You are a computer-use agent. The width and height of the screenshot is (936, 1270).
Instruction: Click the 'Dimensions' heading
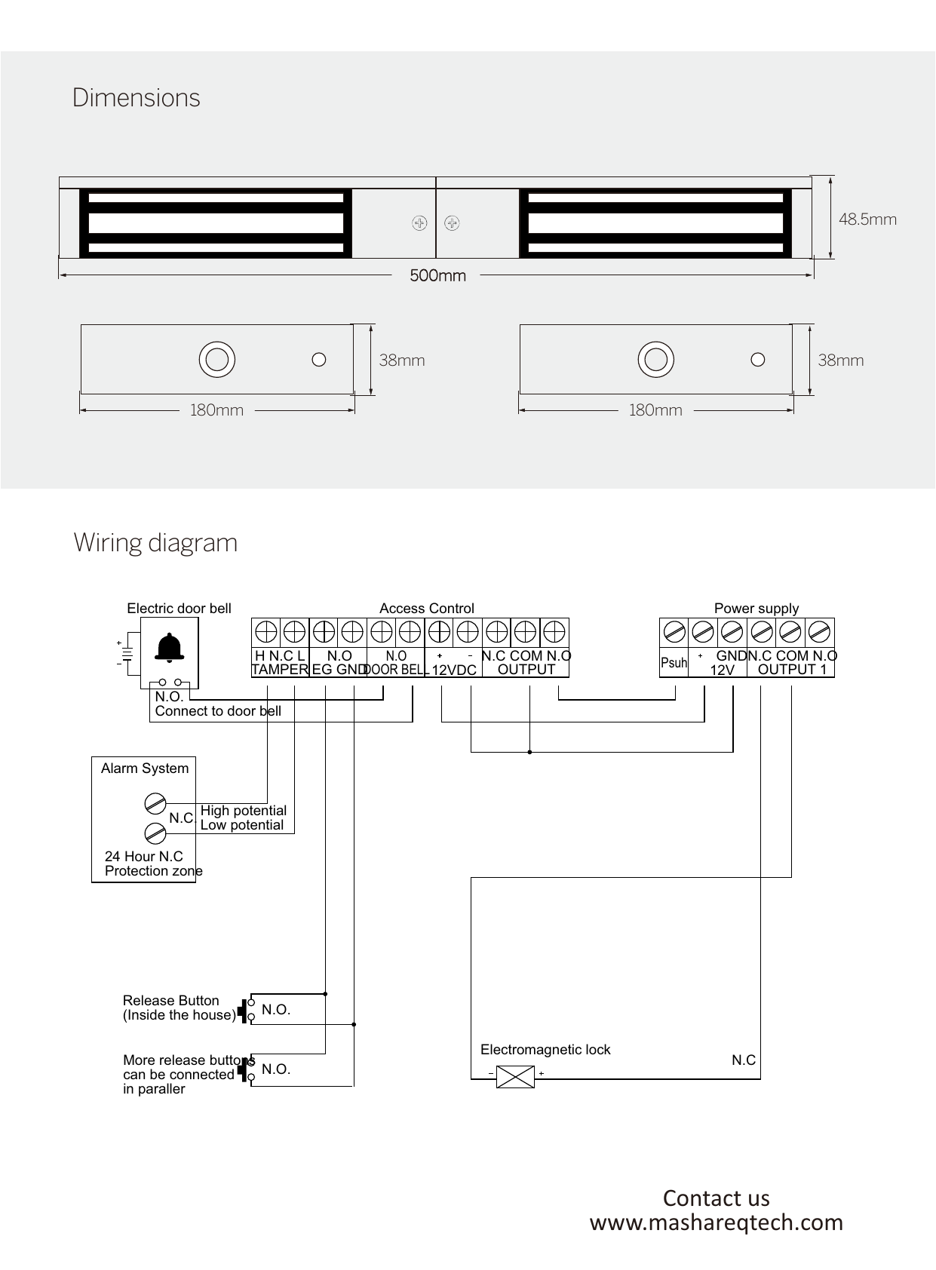(137, 98)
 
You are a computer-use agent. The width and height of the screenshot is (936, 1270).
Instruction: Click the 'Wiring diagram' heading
(155, 543)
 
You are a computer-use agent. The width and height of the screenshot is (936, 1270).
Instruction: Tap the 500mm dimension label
(437, 276)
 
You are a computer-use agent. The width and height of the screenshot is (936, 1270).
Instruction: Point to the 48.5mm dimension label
(867, 219)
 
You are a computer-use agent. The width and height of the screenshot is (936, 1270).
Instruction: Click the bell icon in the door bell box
(170, 649)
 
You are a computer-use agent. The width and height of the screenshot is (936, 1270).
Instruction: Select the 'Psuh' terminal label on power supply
(674, 663)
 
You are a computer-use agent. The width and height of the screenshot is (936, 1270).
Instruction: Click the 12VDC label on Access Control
(453, 670)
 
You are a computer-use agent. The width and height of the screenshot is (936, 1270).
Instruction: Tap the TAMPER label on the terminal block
(280, 670)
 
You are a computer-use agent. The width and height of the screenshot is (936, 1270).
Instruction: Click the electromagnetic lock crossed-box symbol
(515, 1076)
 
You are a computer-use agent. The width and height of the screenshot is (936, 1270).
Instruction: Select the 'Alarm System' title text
(145, 768)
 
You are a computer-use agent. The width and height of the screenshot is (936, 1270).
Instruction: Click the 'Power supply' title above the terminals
(756, 609)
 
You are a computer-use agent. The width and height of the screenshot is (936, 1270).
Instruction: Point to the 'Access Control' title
(426, 609)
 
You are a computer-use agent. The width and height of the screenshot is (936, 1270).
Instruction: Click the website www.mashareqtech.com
(716, 1222)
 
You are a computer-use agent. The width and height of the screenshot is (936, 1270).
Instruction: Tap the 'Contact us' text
(716, 1198)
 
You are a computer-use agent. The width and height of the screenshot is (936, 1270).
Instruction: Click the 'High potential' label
(243, 811)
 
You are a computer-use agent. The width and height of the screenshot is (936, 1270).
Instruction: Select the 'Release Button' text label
(171, 1001)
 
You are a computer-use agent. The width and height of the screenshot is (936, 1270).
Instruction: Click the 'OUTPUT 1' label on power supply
(792, 670)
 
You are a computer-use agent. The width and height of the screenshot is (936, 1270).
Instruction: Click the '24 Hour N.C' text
(143, 857)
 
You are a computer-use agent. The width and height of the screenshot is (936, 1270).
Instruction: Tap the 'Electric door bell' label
(179, 609)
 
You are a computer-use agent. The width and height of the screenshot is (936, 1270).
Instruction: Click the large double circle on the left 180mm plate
(217, 360)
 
